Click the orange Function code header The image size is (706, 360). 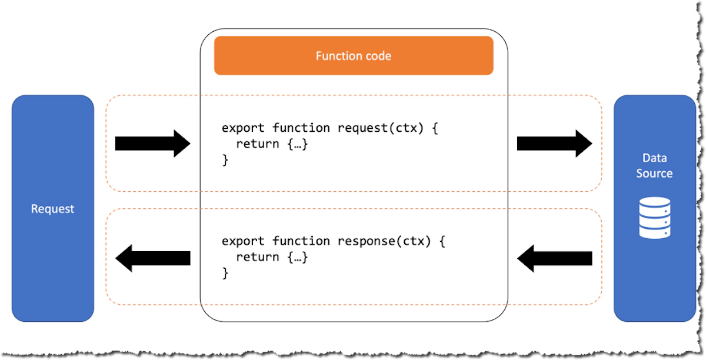[353, 56]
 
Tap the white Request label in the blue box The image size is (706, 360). [53, 209]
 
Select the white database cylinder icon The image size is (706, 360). [654, 217]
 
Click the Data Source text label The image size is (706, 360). [654, 166]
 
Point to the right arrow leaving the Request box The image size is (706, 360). [152, 144]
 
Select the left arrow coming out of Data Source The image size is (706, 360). [554, 258]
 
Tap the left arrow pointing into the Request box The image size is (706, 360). [152, 258]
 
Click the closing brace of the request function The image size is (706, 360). [225, 159]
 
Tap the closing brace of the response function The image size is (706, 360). [225, 273]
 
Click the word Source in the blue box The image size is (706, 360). [654, 174]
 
